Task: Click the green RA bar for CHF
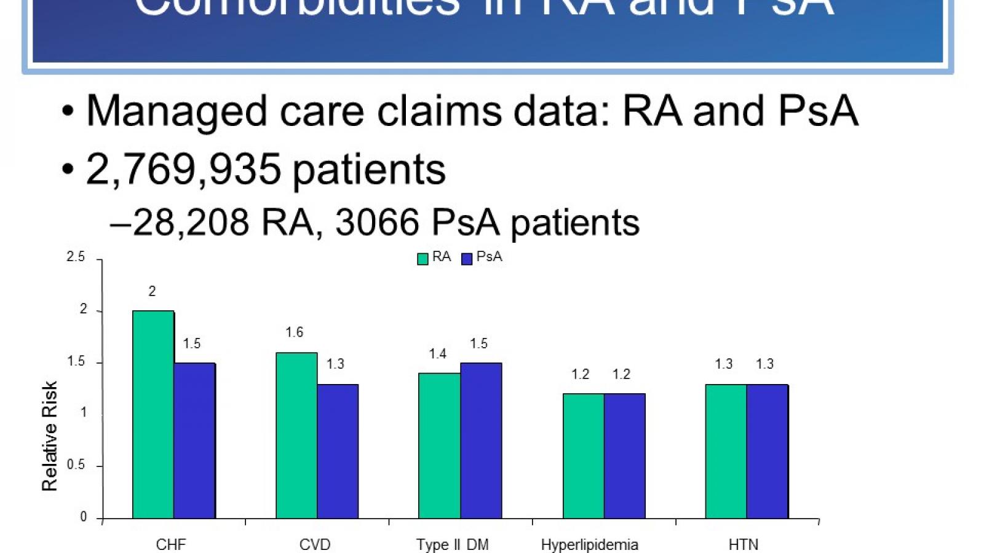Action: point(153,415)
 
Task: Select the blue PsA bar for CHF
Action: point(194,441)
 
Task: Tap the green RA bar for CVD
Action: point(296,436)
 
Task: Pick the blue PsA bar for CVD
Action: point(338,452)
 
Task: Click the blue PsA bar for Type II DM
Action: point(481,441)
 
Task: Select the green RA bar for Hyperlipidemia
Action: point(583,456)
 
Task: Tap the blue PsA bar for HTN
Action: point(767,452)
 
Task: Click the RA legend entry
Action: point(434,257)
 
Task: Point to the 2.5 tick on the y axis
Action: point(76,257)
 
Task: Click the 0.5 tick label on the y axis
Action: point(76,465)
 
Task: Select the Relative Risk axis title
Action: point(49,436)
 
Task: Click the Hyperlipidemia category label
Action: point(589,544)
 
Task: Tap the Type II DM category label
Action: point(452,544)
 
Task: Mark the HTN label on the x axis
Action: point(743,544)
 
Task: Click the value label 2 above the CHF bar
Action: point(152,291)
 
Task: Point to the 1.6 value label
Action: point(294,332)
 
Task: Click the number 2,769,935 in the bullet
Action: point(183,169)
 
